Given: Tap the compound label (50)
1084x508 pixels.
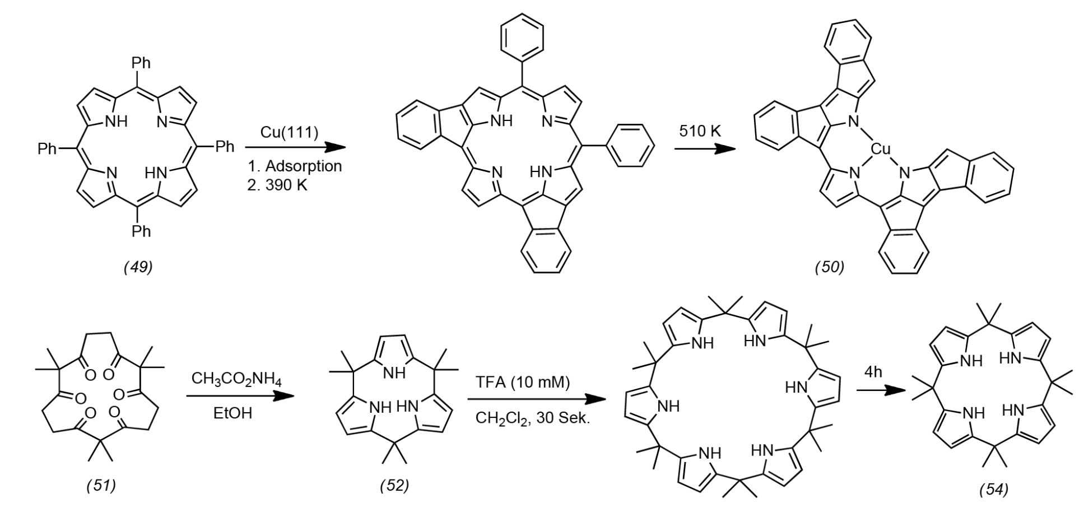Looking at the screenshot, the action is (830, 267).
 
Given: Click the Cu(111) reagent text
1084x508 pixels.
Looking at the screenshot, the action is (289, 132).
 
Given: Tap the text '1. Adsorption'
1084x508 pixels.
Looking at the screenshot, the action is (295, 166).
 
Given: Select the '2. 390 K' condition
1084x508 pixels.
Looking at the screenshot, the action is (277, 185).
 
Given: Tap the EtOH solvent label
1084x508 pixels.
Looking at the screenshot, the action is (233, 413).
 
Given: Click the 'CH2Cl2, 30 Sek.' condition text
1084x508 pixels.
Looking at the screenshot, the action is (533, 418).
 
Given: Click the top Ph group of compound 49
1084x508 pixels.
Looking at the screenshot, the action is (141, 63).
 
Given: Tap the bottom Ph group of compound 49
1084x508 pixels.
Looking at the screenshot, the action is (141, 231).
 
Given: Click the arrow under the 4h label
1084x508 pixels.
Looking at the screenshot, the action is (881, 392).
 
